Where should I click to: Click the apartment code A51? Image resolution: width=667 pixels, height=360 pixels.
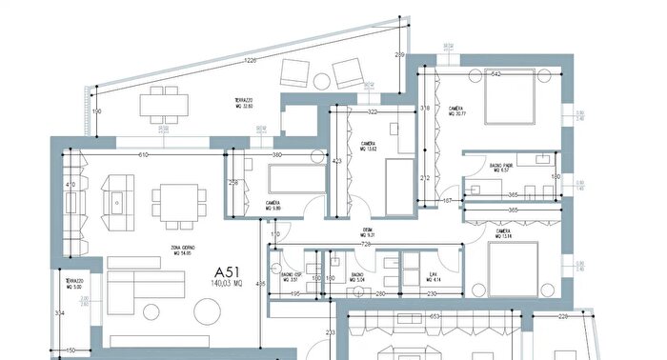point(226,270)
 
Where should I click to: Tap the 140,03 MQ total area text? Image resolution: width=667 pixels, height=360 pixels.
point(227,283)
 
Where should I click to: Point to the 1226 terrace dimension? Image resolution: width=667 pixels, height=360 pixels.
point(251,62)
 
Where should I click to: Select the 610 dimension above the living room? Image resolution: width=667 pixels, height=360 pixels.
point(144,154)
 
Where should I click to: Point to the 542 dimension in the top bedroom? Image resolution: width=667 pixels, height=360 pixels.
point(495,73)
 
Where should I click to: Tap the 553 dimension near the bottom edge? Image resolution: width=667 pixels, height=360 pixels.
point(434,316)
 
